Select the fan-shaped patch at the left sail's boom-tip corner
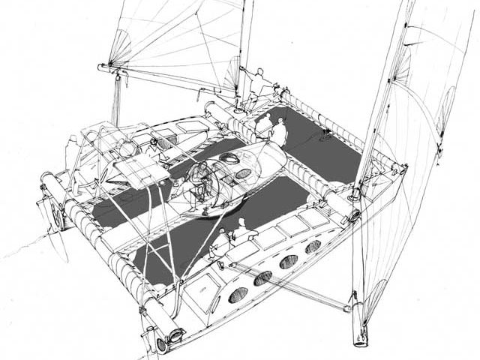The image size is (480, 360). point(118,52)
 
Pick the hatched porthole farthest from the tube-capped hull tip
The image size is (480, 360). point(313,246)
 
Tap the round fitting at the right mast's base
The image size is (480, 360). point(353,215)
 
